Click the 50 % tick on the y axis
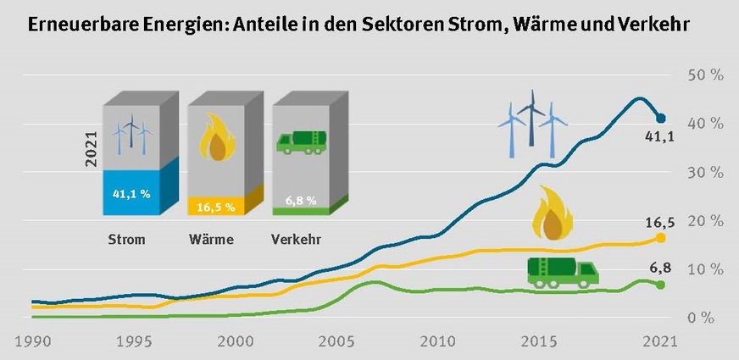coord(705,75)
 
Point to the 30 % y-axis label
coord(705,172)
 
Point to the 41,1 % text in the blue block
coord(131,194)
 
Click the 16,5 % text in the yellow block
coord(215,206)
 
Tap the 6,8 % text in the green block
coord(300,201)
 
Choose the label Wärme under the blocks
coord(211,240)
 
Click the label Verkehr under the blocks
coord(296,240)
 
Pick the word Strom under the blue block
coord(126,240)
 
